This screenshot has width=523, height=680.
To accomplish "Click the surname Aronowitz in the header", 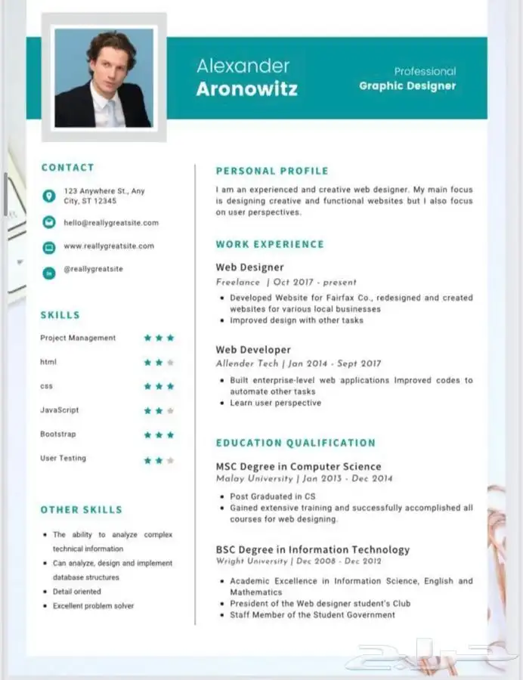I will point(246,89).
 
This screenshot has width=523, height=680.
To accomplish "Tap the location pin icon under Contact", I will point(49,196).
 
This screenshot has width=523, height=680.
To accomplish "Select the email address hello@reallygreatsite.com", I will point(111,223).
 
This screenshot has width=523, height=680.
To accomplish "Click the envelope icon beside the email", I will point(49,222).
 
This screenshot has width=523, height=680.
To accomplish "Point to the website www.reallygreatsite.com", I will point(109,246).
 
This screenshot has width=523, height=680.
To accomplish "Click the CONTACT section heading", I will point(68,168).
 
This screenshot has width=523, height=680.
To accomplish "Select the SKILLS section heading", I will point(60,315).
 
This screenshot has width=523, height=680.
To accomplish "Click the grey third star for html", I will point(171,363).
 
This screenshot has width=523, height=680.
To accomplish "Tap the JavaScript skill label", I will point(60,410).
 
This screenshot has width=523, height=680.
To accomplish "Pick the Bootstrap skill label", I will point(58,434).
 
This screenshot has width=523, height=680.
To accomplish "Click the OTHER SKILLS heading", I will point(81,510).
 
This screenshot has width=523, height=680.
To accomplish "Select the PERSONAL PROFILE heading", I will point(272,172).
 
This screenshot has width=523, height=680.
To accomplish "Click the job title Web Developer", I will point(253,350).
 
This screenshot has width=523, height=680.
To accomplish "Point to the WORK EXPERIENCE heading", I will point(270,245).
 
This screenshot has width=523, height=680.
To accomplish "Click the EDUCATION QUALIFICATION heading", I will point(296,444).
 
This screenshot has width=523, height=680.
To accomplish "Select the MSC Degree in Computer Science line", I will point(299,467).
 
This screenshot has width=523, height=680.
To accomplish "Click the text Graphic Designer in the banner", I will point(407,86).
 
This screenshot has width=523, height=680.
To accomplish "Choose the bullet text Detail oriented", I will point(77,592).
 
